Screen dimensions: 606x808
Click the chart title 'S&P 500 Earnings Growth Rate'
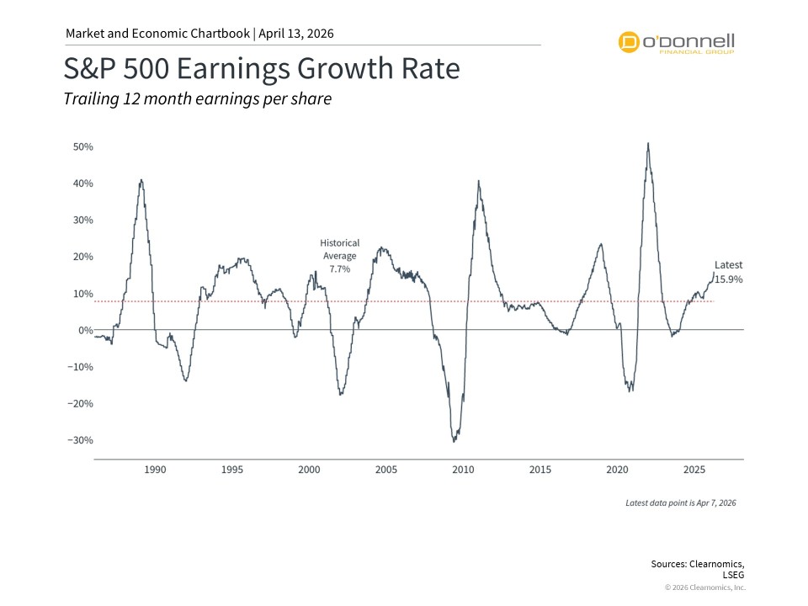click(262, 68)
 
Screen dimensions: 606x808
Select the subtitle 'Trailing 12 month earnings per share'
click(198, 99)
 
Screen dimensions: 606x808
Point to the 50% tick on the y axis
click(82, 146)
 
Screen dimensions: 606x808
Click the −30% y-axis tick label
click(79, 440)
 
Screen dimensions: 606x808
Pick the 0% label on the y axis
click(84, 330)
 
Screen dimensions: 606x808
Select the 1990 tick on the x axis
click(155, 469)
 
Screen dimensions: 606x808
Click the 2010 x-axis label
click(464, 469)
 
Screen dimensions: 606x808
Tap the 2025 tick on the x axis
click(695, 469)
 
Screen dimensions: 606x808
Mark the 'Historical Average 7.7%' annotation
click(338, 256)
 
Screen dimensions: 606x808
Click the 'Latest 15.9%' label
click(729, 272)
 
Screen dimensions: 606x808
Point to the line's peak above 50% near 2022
click(647, 143)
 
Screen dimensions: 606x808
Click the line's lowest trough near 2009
click(454, 441)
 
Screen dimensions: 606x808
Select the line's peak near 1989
click(141, 179)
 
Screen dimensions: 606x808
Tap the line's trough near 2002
click(340, 395)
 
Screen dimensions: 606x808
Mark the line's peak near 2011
click(479, 181)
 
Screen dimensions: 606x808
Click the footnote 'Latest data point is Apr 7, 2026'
click(681, 502)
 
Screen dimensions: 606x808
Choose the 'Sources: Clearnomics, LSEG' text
click(698, 569)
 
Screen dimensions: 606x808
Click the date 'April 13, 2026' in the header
click(295, 34)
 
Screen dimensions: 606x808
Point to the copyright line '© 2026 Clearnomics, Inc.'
click(704, 587)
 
